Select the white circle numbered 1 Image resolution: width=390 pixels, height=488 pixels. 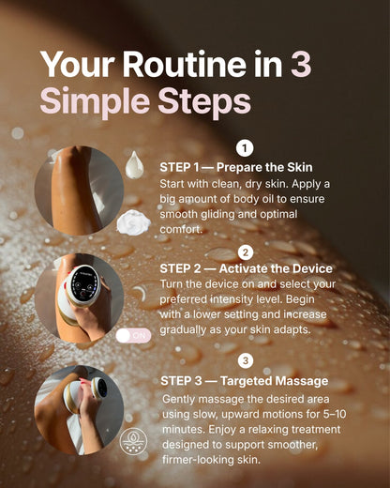point(246,147)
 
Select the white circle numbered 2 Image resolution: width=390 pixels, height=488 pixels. point(246,252)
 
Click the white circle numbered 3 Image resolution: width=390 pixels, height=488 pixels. point(246,360)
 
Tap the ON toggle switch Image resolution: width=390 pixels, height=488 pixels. point(134,334)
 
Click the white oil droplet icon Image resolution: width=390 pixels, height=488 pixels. point(135,165)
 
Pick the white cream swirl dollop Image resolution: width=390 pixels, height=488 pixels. point(134,222)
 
